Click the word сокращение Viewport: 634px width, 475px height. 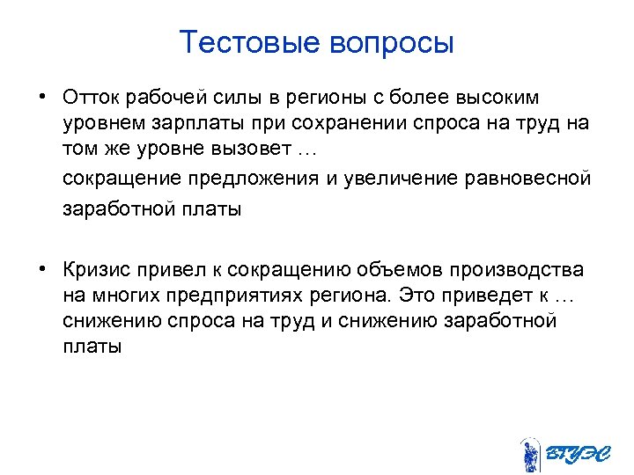(119, 179)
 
